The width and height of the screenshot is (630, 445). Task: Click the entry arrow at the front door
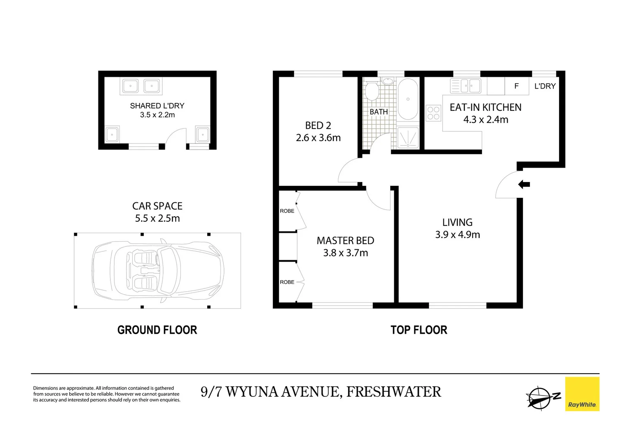(524, 185)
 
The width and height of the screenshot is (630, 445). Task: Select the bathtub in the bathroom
(408, 99)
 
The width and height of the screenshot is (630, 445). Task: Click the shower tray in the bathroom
(408, 138)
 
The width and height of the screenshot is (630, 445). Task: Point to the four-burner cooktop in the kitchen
(433, 113)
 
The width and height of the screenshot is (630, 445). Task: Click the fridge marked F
(517, 86)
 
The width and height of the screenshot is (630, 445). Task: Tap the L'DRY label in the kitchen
(545, 86)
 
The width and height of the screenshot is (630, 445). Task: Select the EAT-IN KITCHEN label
(485, 107)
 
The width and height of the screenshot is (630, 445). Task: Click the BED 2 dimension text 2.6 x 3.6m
(318, 138)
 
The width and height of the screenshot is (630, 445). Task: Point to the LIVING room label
(457, 222)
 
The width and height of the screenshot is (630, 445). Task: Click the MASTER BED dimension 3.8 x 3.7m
(345, 253)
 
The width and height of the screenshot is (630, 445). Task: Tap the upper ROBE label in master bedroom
(287, 211)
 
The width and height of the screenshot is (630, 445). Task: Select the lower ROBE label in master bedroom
(287, 282)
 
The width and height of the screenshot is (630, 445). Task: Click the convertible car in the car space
(158, 271)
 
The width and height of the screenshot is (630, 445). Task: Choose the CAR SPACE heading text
(157, 206)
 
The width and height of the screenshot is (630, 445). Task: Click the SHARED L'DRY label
(157, 106)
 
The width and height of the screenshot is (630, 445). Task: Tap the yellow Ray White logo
(582, 394)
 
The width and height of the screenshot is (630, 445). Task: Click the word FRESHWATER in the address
(393, 392)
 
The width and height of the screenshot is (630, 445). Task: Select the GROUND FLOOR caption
(157, 330)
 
